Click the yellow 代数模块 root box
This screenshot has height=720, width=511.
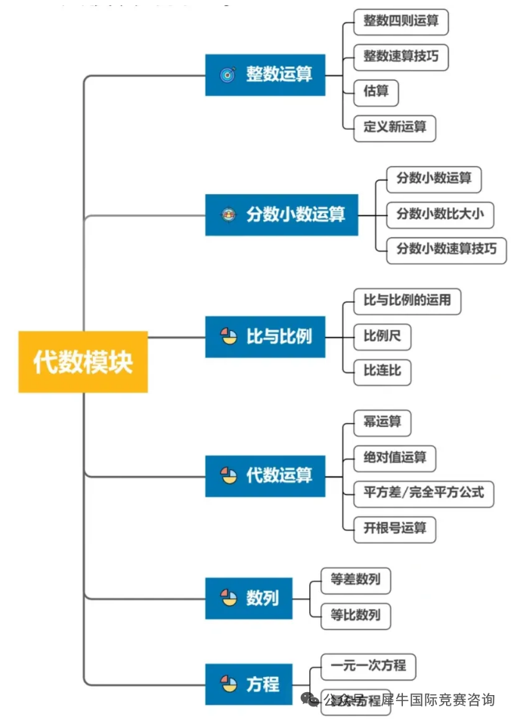83,362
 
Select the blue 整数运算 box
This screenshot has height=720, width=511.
265,75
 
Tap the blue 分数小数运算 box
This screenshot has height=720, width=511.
281,215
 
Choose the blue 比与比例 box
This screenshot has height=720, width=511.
265,337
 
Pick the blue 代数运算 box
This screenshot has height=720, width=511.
265,476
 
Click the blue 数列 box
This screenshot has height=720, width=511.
249,598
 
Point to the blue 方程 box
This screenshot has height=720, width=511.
249,684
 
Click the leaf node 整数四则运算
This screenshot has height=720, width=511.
401,21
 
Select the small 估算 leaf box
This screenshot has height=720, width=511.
376,92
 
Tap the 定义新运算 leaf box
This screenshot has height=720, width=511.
395,127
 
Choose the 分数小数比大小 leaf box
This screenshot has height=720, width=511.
440,214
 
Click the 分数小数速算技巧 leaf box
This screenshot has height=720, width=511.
446,249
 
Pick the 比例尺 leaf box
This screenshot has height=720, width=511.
382,336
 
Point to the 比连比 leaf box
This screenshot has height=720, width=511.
382,371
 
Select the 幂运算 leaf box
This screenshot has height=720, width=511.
382,422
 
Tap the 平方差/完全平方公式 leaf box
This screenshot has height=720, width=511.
424,493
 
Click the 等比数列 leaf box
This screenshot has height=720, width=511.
355,615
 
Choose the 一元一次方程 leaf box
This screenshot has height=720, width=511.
368,666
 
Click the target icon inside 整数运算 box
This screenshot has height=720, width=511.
228,75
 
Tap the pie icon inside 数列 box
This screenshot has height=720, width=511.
228,598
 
